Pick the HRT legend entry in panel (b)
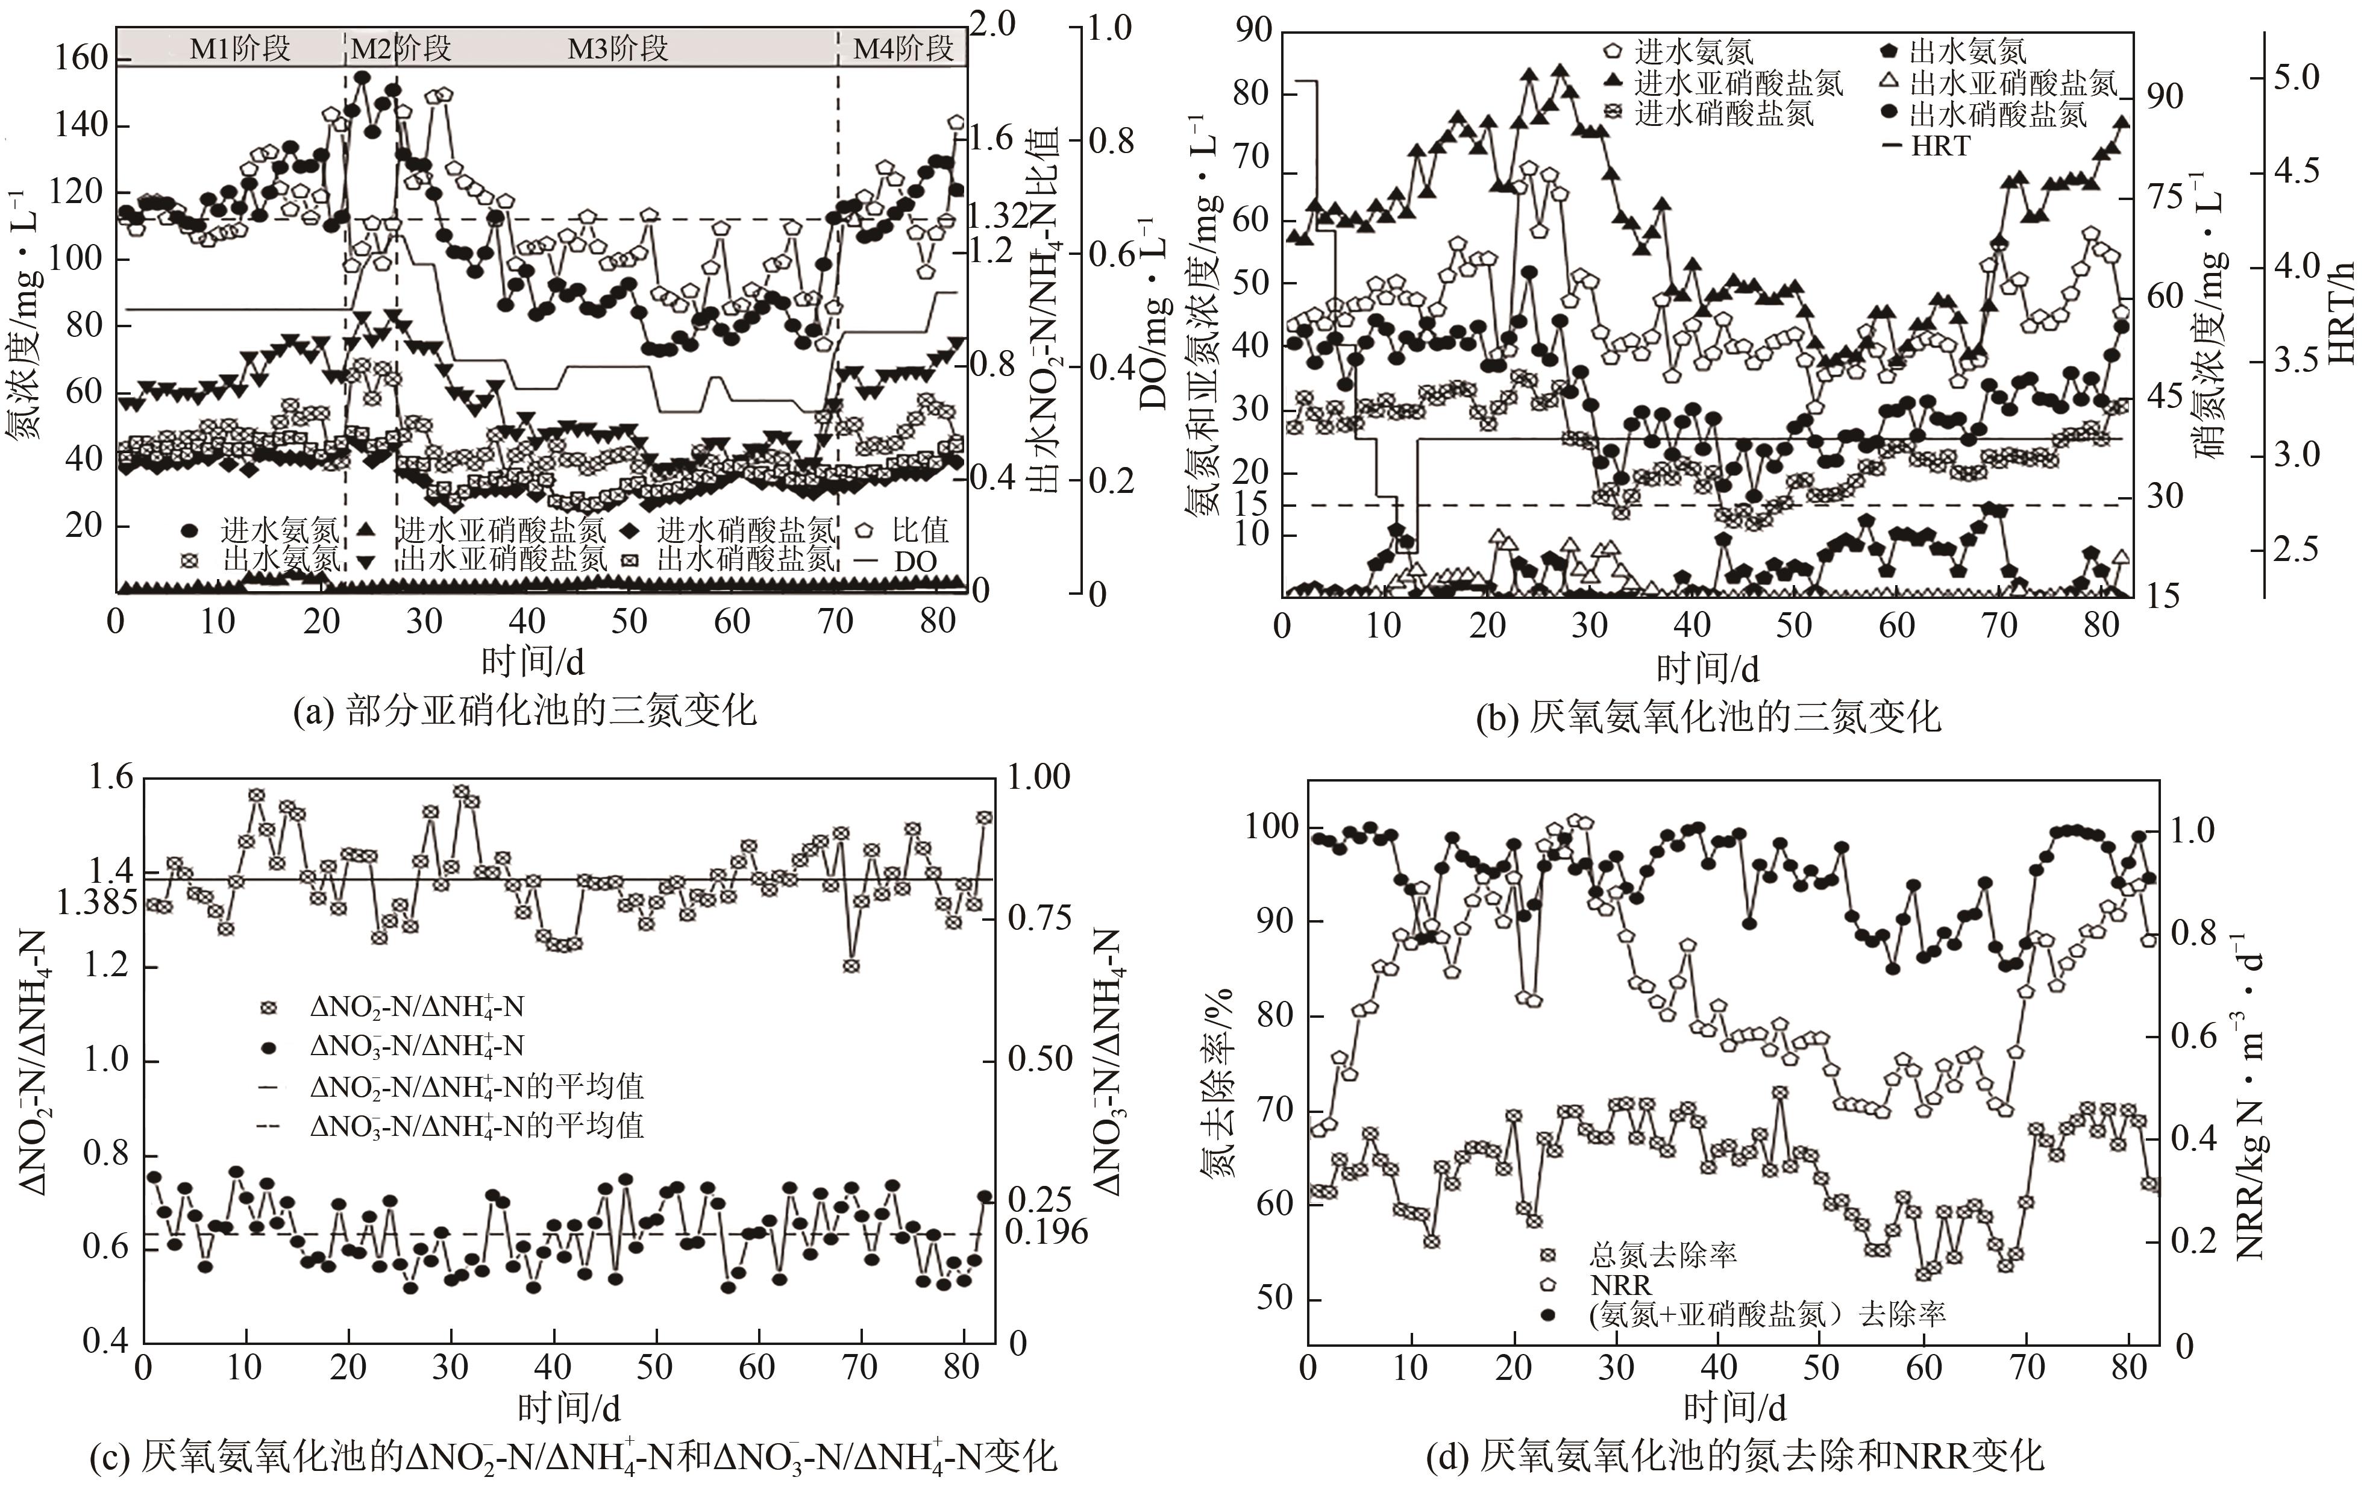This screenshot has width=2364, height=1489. click(x=1940, y=146)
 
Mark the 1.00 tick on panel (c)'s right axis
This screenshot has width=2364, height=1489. click(x=1039, y=777)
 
